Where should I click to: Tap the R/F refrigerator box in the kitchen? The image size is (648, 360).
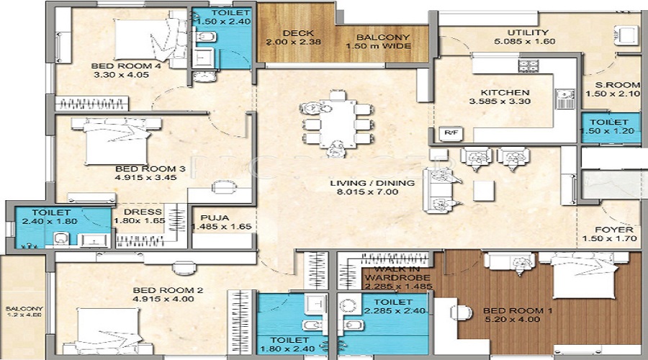pos(450,132)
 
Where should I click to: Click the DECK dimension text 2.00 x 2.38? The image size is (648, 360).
pos(295,42)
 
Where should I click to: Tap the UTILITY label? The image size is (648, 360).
pos(527,32)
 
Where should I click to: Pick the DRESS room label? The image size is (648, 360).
pos(138,212)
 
